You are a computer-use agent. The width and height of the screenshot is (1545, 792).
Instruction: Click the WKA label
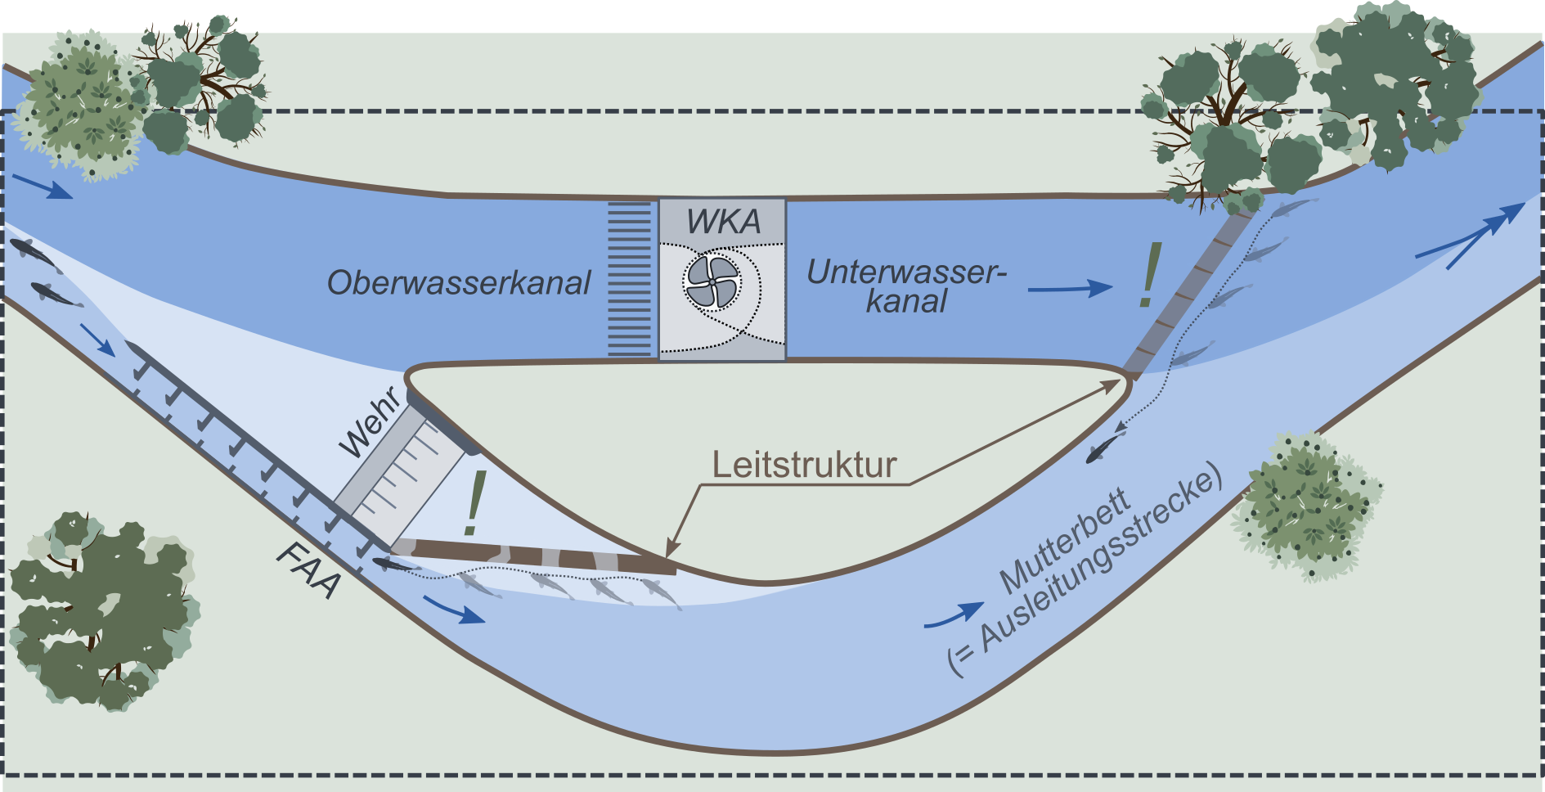[x=723, y=222]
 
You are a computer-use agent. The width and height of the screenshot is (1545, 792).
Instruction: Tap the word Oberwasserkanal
[x=458, y=283]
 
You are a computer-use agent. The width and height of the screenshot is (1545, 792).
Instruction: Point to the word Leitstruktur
[x=804, y=465]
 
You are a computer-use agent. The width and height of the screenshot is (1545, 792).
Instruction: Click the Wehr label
[x=371, y=422]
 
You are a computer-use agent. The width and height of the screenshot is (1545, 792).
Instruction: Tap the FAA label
[x=308, y=570]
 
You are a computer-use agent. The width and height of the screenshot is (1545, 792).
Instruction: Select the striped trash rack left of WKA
[x=630, y=279]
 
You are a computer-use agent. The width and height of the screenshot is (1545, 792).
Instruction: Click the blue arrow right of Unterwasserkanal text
[x=1071, y=288]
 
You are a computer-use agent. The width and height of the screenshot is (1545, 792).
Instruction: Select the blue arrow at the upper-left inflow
[x=43, y=187]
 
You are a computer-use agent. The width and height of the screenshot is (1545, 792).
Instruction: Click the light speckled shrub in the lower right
[x=1305, y=507]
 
